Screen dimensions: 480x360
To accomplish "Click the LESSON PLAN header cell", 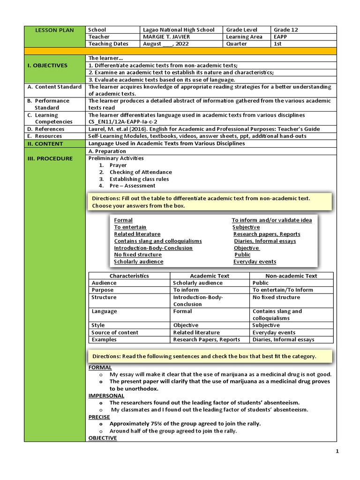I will pos(54,30).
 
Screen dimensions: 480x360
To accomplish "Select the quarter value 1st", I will pos(278,44).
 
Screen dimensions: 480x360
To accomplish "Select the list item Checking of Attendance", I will pos(141,172).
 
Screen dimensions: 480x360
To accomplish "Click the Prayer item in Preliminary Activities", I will pos(119,165).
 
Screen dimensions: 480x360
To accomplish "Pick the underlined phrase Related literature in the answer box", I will pos(137,234).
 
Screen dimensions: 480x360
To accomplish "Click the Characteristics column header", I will pos(129,276).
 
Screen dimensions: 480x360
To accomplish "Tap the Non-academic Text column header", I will pos(291,276).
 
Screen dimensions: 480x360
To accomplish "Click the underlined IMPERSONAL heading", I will pos(106,396).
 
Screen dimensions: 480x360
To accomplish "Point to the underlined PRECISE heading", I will pos(99,417).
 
